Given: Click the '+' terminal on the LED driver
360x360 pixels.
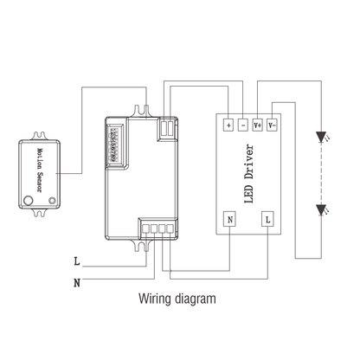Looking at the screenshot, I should pos(229,125).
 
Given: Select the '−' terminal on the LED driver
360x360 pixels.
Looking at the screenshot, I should pos(243,125).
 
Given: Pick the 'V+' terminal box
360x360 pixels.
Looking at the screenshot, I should pos(257,125).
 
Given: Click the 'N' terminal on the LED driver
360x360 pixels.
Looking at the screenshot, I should pos(229,221).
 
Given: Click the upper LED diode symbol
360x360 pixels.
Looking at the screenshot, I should pos(321,136).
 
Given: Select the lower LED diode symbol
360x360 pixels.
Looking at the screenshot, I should pos(321,209).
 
